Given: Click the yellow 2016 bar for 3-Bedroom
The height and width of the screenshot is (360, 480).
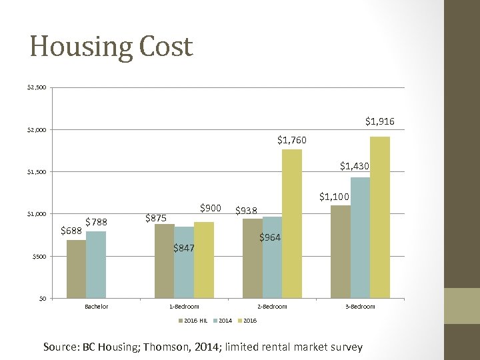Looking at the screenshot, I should point(379,217).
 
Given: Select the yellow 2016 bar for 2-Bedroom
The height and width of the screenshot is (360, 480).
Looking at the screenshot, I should point(292,223).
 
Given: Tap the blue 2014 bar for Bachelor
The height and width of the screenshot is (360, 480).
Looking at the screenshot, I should point(96,264).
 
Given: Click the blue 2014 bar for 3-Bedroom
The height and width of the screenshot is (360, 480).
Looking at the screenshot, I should point(360,237).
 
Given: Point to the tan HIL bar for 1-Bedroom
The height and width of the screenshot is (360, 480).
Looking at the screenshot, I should point(164,261).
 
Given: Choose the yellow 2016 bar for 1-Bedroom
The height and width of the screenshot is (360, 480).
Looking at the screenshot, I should point(203,259).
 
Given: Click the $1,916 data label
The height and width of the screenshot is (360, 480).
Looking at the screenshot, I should point(379,121).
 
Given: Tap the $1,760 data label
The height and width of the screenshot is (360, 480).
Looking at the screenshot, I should point(292,140).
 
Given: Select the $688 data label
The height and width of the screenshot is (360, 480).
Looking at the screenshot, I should point(71,231).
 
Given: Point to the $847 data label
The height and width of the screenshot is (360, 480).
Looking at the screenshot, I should point(183,249).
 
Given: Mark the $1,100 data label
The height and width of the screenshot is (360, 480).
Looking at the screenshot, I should point(333,197).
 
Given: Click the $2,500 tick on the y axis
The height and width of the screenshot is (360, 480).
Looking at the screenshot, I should point(36,87).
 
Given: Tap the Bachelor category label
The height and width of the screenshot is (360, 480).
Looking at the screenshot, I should point(97,307).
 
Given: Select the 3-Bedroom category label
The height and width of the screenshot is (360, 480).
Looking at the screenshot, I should point(360,307).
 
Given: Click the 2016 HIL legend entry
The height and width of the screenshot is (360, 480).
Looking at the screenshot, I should point(193,321).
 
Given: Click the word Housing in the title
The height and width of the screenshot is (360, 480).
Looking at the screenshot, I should point(72,47).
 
